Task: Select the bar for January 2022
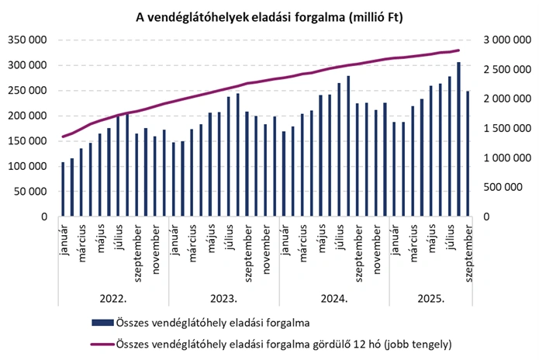pyautogui.click(x=64, y=189)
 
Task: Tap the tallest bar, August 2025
pyautogui.click(x=458, y=140)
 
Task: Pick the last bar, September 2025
pyautogui.click(x=468, y=154)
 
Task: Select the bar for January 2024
pyautogui.click(x=284, y=174)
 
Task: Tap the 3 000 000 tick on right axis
pyautogui.click(x=505, y=40)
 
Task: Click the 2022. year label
pyautogui.click(x=113, y=297)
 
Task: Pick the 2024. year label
pyautogui.click(x=333, y=297)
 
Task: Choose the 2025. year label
pyautogui.click(x=430, y=297)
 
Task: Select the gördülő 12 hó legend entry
pyautogui.click(x=283, y=342)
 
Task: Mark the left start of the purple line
pyautogui.click(x=64, y=137)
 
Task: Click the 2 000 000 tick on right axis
pyautogui.click(x=505, y=99)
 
